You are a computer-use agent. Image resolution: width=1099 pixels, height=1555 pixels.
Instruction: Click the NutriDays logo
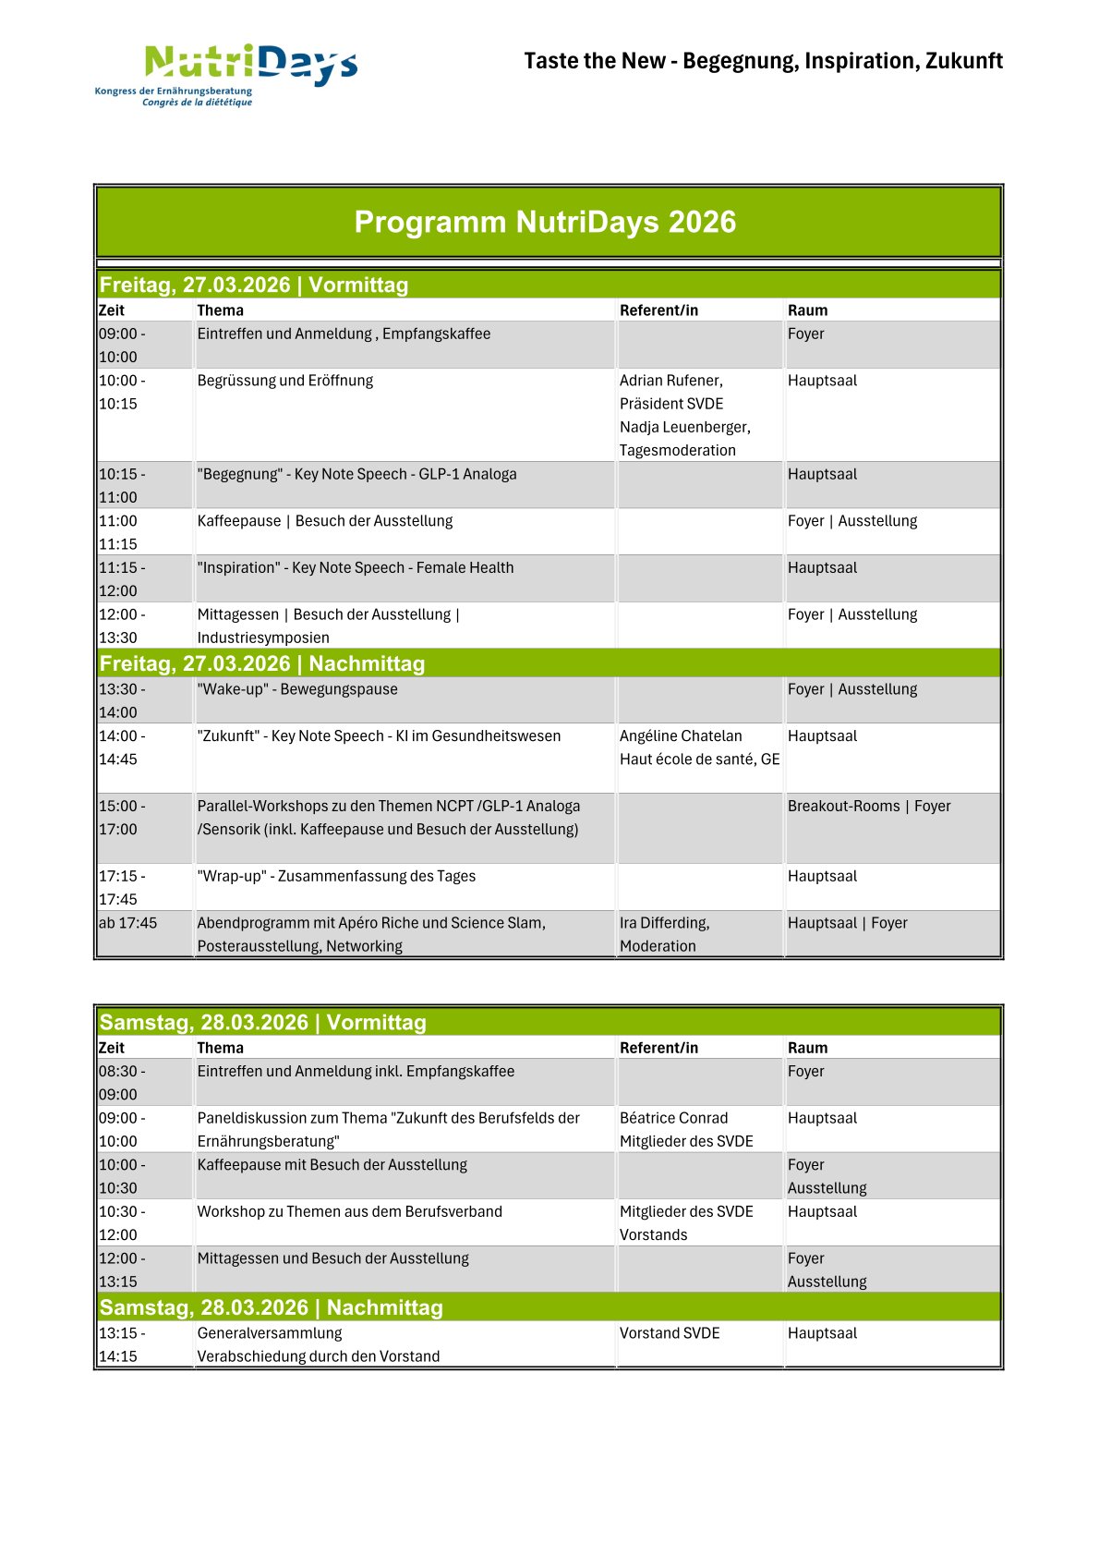(226, 74)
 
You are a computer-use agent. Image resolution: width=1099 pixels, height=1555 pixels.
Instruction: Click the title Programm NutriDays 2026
(545, 222)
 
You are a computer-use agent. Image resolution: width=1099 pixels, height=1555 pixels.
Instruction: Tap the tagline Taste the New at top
(763, 61)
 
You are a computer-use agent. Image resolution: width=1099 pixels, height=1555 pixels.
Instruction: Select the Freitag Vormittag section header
(254, 285)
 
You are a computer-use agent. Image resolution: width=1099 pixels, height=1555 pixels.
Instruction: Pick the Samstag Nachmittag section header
(272, 1307)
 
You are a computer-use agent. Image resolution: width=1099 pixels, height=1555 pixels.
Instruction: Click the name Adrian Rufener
(671, 381)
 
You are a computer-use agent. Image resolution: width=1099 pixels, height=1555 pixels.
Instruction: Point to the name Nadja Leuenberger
(684, 427)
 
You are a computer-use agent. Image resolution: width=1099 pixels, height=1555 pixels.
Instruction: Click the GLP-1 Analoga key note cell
(356, 474)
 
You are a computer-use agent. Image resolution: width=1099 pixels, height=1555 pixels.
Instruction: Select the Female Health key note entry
(356, 567)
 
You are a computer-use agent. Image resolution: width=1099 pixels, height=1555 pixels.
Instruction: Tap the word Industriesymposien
(263, 638)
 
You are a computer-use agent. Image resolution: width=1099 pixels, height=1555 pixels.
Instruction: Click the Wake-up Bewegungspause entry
(297, 689)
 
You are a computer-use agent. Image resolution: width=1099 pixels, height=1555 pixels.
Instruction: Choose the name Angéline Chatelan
(681, 735)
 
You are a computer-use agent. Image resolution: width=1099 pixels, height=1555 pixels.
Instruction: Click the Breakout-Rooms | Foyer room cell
(869, 806)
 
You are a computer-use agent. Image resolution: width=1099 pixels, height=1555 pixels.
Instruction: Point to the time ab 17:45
(128, 923)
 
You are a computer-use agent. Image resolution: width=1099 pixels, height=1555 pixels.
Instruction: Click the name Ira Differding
(665, 923)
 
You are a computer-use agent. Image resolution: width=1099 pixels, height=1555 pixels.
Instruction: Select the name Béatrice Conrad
(673, 1118)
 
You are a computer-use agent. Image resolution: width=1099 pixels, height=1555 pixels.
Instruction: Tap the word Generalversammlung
(270, 1333)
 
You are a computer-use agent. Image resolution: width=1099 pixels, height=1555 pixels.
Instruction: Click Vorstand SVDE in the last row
(670, 1333)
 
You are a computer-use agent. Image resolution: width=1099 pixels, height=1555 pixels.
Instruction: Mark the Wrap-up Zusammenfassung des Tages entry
(336, 876)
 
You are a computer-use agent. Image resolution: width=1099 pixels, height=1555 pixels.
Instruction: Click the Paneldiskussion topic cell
(388, 1129)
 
